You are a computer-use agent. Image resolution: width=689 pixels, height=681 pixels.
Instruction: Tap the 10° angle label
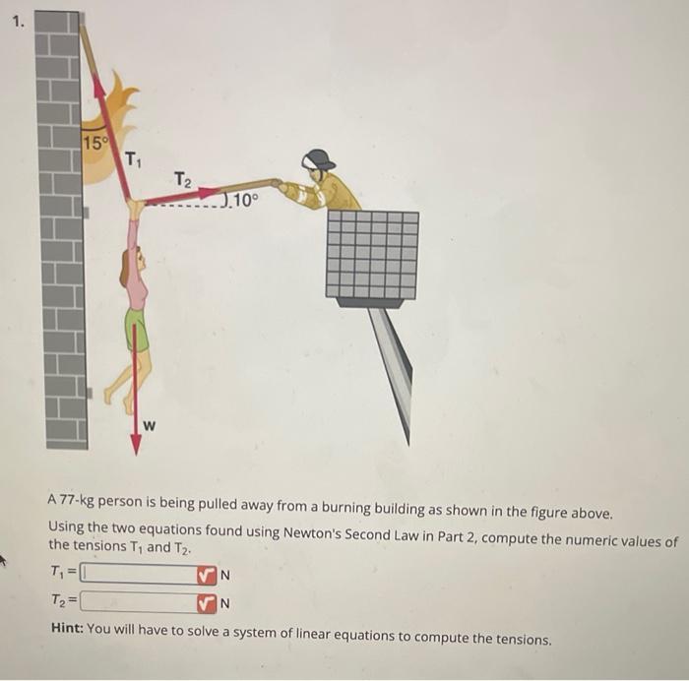point(242,204)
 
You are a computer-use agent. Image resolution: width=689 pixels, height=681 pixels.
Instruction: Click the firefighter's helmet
point(318,159)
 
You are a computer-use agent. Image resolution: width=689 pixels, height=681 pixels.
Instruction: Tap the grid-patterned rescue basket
point(372,254)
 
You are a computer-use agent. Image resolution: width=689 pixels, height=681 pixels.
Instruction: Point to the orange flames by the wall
point(113,128)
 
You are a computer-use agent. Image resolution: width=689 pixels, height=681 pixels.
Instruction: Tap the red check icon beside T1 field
point(205,573)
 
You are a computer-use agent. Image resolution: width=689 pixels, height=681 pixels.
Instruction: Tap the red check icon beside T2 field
point(205,601)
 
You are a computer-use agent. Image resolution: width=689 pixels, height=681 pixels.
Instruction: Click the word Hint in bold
point(66,639)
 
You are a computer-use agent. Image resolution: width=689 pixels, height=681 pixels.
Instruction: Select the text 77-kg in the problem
point(78,514)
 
